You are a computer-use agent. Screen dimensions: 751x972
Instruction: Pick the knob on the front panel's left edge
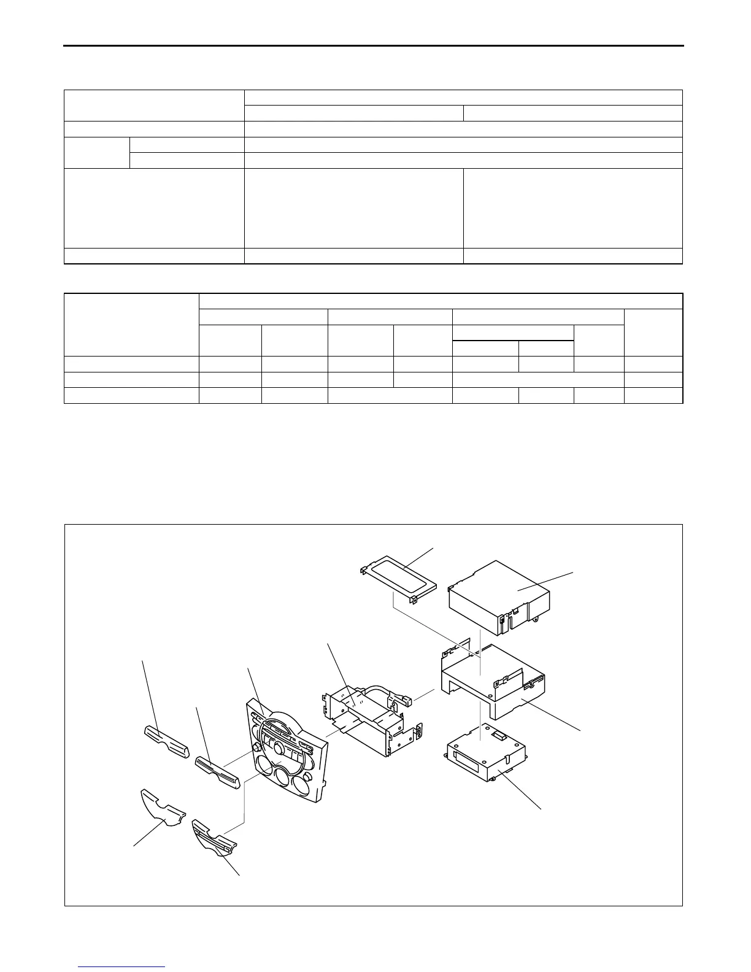click(254, 750)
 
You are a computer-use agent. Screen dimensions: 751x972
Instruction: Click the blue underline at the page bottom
click(122, 968)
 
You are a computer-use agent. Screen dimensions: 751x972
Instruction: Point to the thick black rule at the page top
click(374, 45)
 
